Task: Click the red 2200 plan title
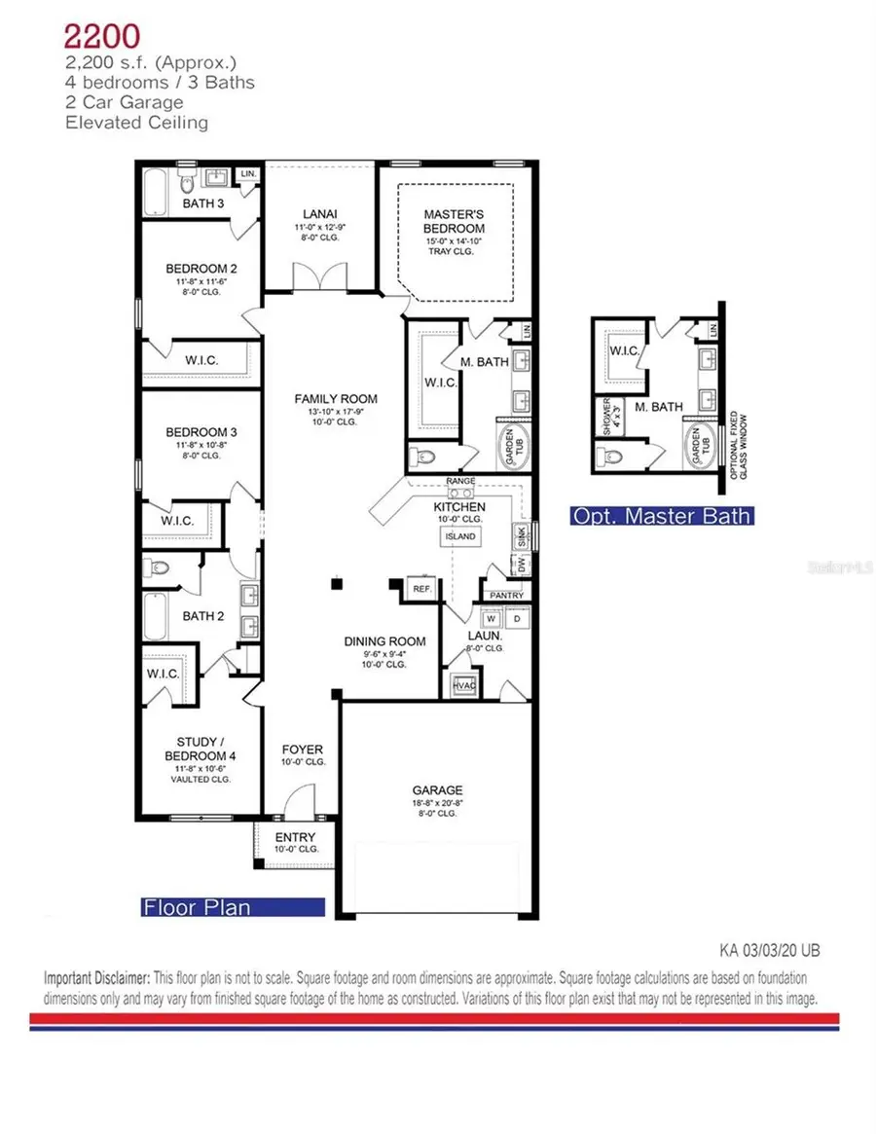tap(103, 37)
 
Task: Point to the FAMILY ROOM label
tap(337, 399)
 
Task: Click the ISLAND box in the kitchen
tap(460, 536)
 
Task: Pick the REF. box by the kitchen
tap(421, 589)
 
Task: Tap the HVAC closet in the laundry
tap(462, 685)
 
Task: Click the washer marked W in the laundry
tap(491, 618)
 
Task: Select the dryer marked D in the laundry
tap(517, 618)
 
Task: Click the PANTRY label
tap(506, 595)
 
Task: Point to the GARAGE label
tap(437, 790)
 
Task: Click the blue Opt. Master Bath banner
tap(662, 516)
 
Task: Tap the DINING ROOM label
tap(384, 641)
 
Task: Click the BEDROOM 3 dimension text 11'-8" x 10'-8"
tap(201, 445)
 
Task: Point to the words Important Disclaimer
tap(96, 975)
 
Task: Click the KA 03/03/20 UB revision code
tap(762, 949)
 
